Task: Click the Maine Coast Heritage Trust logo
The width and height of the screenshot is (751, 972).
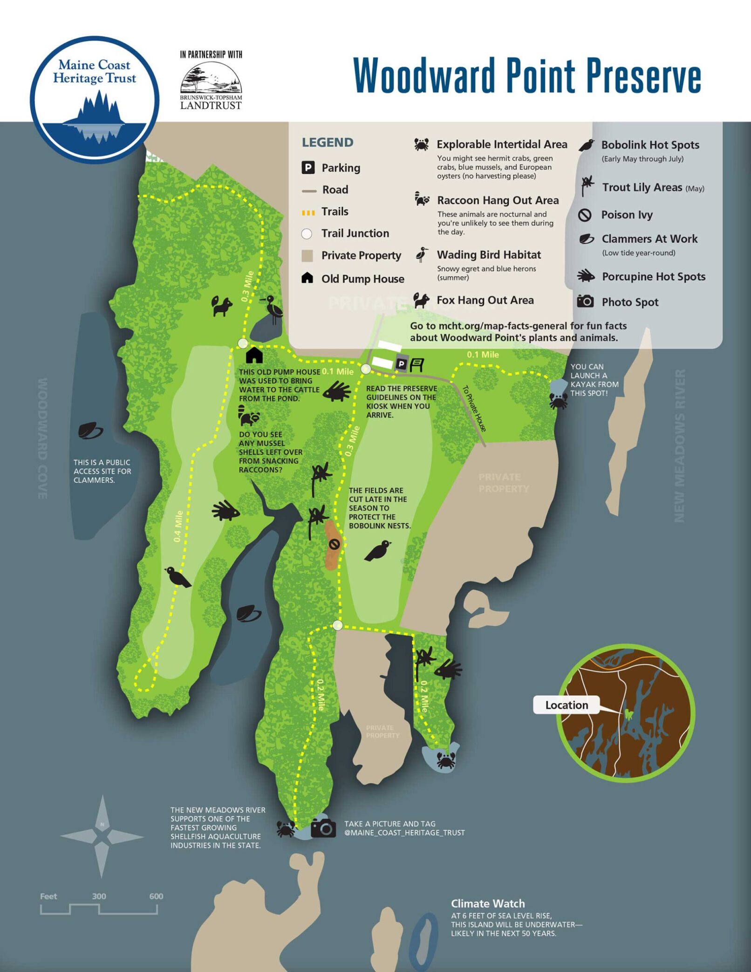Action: click(95, 99)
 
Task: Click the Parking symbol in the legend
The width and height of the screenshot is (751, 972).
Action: click(307, 167)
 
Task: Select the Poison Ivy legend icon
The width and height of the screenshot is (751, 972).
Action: click(585, 215)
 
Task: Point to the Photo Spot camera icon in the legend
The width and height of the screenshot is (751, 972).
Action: click(585, 301)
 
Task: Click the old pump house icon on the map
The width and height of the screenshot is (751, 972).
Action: click(254, 355)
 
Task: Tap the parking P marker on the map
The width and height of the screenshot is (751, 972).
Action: click(401, 364)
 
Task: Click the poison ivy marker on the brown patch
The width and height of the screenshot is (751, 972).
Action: click(334, 544)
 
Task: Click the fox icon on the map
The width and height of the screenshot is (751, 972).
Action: click(222, 306)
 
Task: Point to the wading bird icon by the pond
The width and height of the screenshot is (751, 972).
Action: click(273, 308)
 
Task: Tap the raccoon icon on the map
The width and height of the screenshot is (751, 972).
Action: click(248, 416)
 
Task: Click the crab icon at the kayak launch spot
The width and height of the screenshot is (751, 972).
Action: click(558, 400)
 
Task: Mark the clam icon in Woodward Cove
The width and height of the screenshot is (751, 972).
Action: click(90, 431)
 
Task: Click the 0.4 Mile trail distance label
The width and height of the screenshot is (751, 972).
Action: click(178, 526)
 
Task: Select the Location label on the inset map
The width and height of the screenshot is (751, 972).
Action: click(566, 705)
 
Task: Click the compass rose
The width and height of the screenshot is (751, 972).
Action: click(102, 837)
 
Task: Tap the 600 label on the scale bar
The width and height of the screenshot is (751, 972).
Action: click(156, 896)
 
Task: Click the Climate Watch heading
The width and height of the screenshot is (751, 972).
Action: click(487, 904)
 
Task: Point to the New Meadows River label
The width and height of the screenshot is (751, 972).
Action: click(679, 445)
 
